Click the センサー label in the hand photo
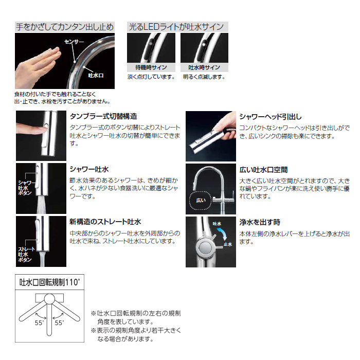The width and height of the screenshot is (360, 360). (x=74, y=42)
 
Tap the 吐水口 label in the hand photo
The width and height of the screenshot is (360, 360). (x=96, y=75)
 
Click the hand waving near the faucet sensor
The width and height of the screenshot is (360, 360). (x=38, y=66)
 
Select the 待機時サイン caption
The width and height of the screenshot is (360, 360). (x=151, y=67)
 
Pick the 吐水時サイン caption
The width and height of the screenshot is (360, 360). (x=204, y=67)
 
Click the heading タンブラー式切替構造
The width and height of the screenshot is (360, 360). (x=103, y=116)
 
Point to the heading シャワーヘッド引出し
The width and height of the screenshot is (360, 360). (x=271, y=117)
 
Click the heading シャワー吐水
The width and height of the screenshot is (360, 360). (x=89, y=169)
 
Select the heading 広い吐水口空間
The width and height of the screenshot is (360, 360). (x=263, y=170)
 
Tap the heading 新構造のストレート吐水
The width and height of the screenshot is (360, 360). (x=105, y=222)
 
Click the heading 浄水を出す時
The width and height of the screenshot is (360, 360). (x=260, y=222)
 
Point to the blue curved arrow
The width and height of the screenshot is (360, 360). (x=223, y=232)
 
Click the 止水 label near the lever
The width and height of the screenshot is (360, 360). (x=228, y=244)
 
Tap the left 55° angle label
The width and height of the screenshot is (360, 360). (x=39, y=323)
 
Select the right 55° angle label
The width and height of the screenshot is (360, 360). (x=59, y=323)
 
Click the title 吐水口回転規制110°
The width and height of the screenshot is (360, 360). (x=50, y=282)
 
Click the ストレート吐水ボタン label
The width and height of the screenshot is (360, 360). (x=26, y=255)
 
